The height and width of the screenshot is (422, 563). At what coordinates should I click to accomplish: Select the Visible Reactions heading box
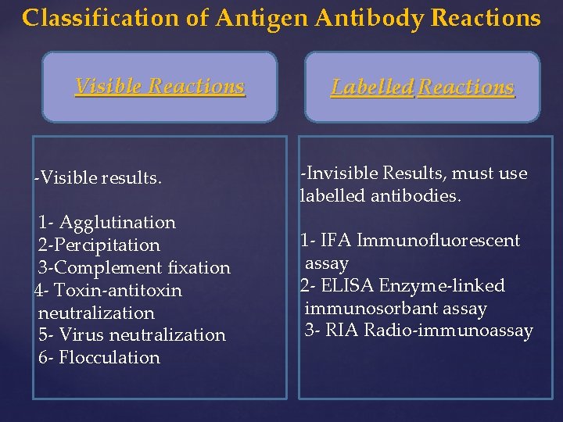click(160, 87)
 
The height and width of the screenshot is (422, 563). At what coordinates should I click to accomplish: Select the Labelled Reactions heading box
click(422, 87)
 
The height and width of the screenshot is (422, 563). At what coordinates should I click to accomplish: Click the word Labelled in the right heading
click(372, 87)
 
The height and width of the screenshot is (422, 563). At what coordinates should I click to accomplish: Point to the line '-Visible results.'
click(99, 178)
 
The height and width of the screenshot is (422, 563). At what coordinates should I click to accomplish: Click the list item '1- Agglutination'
click(107, 223)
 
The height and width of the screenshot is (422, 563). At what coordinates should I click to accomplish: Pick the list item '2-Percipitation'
click(99, 245)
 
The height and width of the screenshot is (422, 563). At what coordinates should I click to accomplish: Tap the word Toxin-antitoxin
click(118, 291)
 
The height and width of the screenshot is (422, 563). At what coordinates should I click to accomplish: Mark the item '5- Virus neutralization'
click(132, 335)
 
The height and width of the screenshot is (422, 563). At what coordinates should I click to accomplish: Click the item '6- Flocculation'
click(99, 358)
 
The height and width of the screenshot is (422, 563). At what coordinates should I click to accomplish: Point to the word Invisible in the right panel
click(341, 173)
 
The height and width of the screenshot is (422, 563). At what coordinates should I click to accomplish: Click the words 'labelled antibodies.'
click(380, 196)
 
